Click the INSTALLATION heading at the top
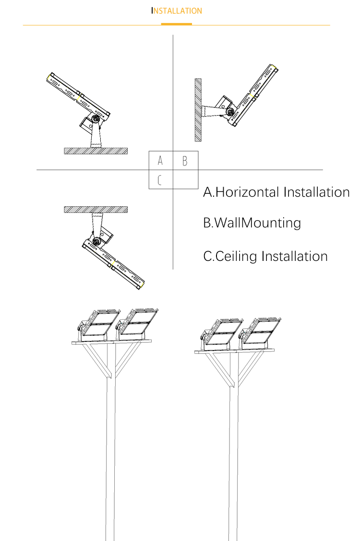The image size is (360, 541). (x=177, y=11)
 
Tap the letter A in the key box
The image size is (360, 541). (x=160, y=160)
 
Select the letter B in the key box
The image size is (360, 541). (x=185, y=161)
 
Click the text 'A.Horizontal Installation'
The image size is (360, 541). (x=276, y=192)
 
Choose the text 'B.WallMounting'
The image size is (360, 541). (x=252, y=223)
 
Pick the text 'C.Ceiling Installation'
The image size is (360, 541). (x=265, y=256)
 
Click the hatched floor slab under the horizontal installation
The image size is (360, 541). (x=96, y=151)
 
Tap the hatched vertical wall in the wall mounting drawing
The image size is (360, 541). (x=198, y=110)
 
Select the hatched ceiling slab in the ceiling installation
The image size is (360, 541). (x=96, y=210)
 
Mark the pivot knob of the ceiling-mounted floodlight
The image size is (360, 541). (x=97, y=241)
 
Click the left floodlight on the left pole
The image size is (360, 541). (x=98, y=325)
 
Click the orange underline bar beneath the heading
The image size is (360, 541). (x=176, y=24)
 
